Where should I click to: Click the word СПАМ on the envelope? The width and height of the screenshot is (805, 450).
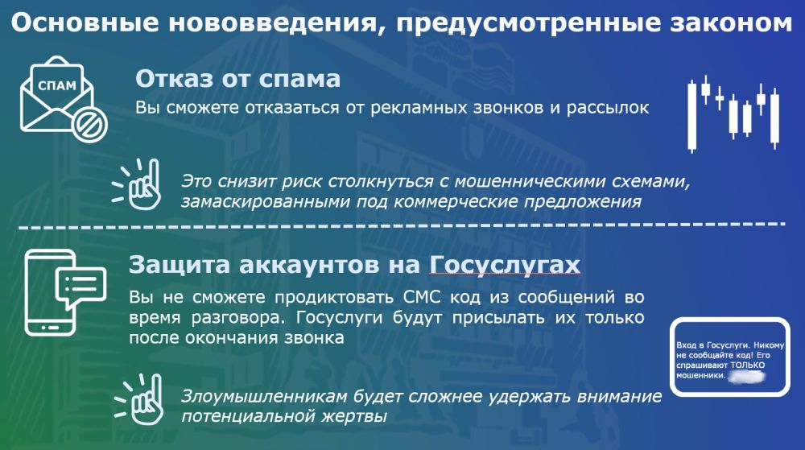click(57, 85)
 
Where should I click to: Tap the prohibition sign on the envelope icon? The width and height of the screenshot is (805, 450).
click(90, 125)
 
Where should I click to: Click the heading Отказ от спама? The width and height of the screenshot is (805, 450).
click(237, 79)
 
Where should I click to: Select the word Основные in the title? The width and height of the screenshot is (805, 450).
click(85, 23)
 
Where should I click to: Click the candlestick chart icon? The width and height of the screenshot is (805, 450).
click(733, 114)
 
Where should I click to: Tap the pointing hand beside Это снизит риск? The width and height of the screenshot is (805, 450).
click(137, 184)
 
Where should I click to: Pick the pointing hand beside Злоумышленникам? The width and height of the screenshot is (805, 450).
click(138, 400)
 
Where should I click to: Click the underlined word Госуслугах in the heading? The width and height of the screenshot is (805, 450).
click(505, 266)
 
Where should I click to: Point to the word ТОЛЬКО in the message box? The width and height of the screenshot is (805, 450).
click(748, 365)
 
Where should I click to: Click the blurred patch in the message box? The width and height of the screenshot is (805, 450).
click(746, 376)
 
